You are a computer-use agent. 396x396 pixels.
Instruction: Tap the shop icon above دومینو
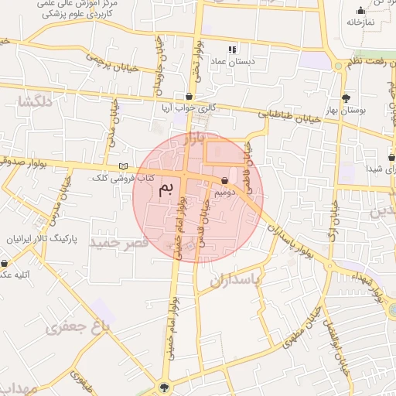pyautogui.click(x=224, y=179)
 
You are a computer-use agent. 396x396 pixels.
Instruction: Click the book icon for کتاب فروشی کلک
pyautogui.click(x=123, y=167)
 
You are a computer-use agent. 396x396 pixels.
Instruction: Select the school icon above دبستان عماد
pyautogui.click(x=233, y=49)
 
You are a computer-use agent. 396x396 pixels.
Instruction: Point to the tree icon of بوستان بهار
pyautogui.click(x=346, y=98)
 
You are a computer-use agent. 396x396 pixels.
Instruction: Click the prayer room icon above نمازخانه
pyautogui.click(x=360, y=10)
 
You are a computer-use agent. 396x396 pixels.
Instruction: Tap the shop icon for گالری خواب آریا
pyautogui.click(x=189, y=97)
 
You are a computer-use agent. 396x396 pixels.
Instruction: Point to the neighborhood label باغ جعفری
pyautogui.click(x=80, y=327)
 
